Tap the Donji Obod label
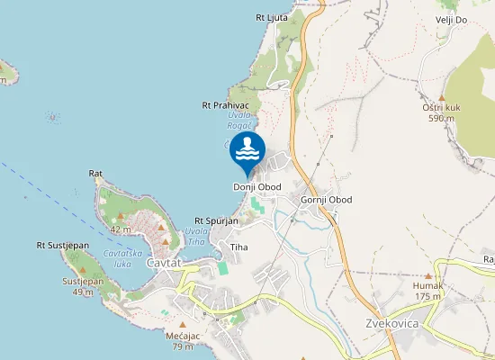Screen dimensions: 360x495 pos(257,187)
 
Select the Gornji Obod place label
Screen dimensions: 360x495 pos(326,200)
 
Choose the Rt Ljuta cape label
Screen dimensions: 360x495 pos(272,17)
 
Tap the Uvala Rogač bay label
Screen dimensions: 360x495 pos(238,121)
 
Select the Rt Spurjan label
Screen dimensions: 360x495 pos(217,220)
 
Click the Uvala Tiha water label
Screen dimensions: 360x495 pos(196,236)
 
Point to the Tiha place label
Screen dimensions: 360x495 pos(238,247)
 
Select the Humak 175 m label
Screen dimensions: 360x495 pos(427,290)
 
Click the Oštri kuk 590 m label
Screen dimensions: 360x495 pos(442,112)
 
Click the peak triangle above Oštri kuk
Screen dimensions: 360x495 pos(443,97)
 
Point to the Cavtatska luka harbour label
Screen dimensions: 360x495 pos(120,258)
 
